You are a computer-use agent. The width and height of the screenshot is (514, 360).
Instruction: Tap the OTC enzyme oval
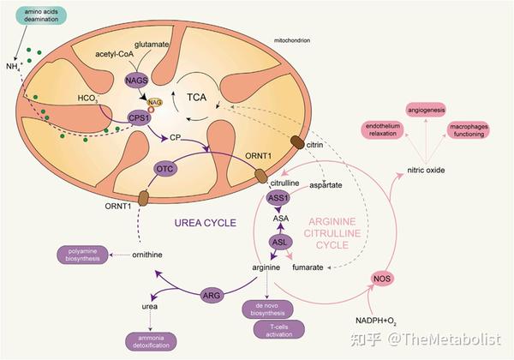(x=166, y=169)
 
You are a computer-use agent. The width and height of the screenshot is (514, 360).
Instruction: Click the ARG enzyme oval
(x=212, y=295)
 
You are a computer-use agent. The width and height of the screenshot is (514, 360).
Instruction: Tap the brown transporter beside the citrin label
(x=296, y=143)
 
